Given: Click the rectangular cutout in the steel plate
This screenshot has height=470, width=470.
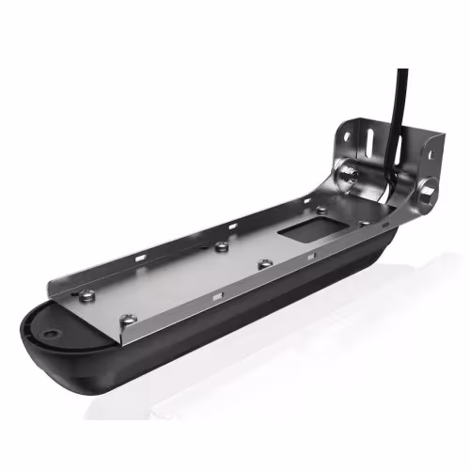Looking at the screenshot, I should click(x=303, y=229).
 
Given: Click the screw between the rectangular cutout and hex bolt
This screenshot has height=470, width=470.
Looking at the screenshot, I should click(x=364, y=223).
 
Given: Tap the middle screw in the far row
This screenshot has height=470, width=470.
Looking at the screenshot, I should click(x=221, y=247).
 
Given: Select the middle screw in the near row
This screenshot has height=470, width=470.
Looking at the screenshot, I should click(x=266, y=264).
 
